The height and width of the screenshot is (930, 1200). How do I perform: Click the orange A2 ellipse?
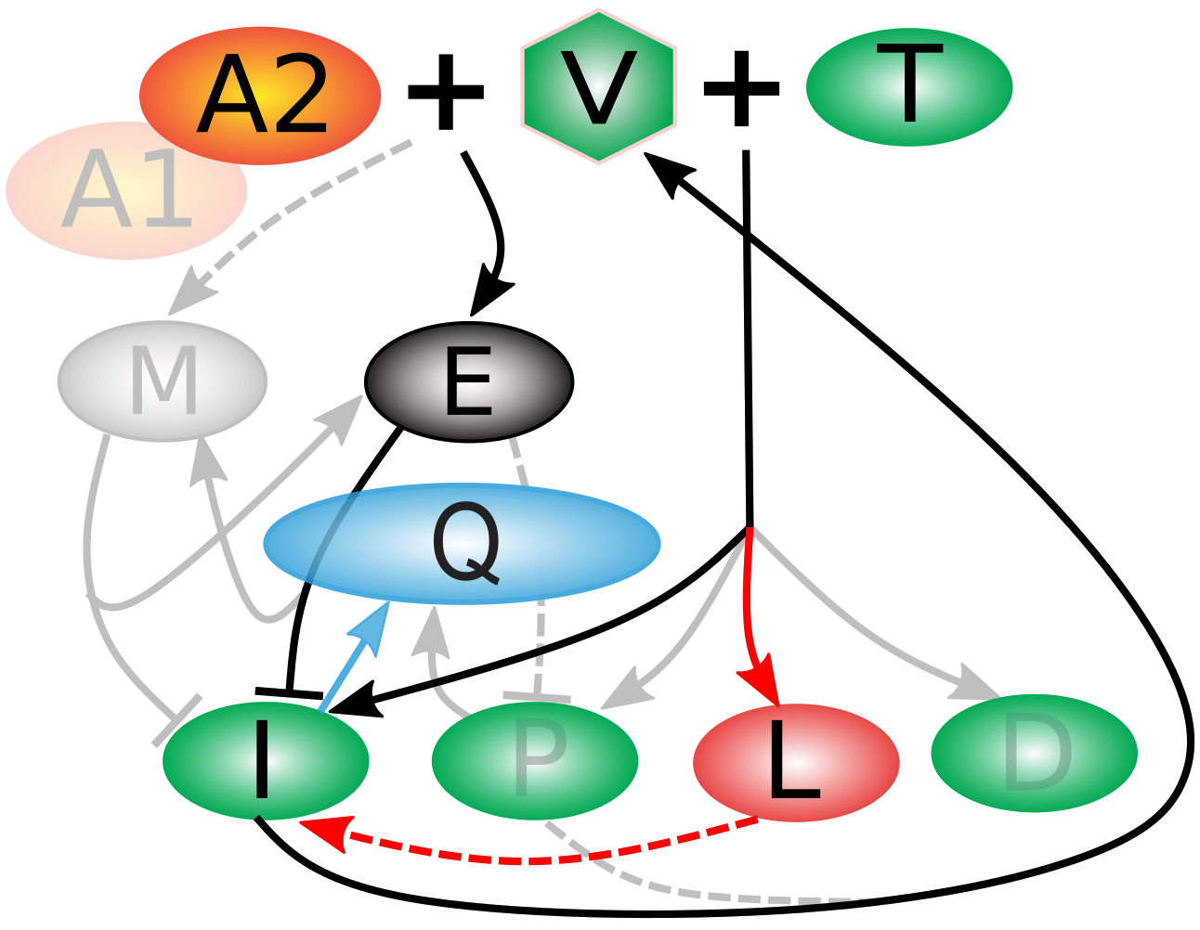coord(260,96)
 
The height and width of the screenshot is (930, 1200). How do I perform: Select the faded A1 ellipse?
coord(126,190)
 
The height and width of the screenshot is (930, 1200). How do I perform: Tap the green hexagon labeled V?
coord(599,86)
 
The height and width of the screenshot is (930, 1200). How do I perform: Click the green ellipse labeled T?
coord(909,86)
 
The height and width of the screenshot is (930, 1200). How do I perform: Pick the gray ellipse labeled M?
coord(163,381)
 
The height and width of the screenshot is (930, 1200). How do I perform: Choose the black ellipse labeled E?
coord(469,381)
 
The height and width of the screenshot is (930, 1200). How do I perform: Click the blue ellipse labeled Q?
coord(462,544)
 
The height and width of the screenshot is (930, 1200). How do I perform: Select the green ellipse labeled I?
coord(266,761)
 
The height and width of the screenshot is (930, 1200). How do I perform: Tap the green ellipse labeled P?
coord(535,761)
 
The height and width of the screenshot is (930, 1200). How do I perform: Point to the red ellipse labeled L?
coord(796,763)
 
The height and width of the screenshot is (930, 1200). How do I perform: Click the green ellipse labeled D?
coord(1034,753)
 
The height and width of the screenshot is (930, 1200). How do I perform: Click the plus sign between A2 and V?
coord(446,92)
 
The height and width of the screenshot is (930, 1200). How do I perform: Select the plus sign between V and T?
coord(741,89)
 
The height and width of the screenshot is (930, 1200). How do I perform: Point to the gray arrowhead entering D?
coord(977,684)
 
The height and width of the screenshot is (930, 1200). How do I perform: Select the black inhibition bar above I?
coord(289,692)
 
